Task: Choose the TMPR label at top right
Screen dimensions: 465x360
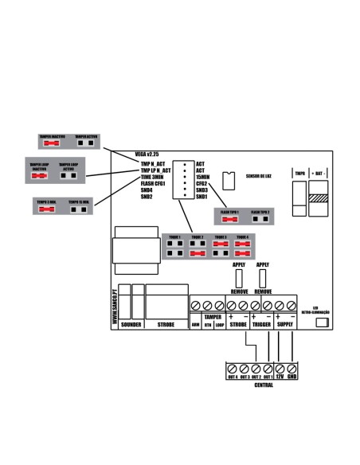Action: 299,172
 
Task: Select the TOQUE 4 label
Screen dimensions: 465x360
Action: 241,237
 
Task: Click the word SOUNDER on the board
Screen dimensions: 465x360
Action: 129,325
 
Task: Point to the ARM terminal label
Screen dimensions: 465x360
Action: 196,325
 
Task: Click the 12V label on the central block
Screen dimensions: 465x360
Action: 280,377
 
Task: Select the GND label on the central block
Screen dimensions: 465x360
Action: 292,377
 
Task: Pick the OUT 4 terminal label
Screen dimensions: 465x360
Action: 232,377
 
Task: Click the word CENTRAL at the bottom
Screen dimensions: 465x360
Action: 263,385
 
